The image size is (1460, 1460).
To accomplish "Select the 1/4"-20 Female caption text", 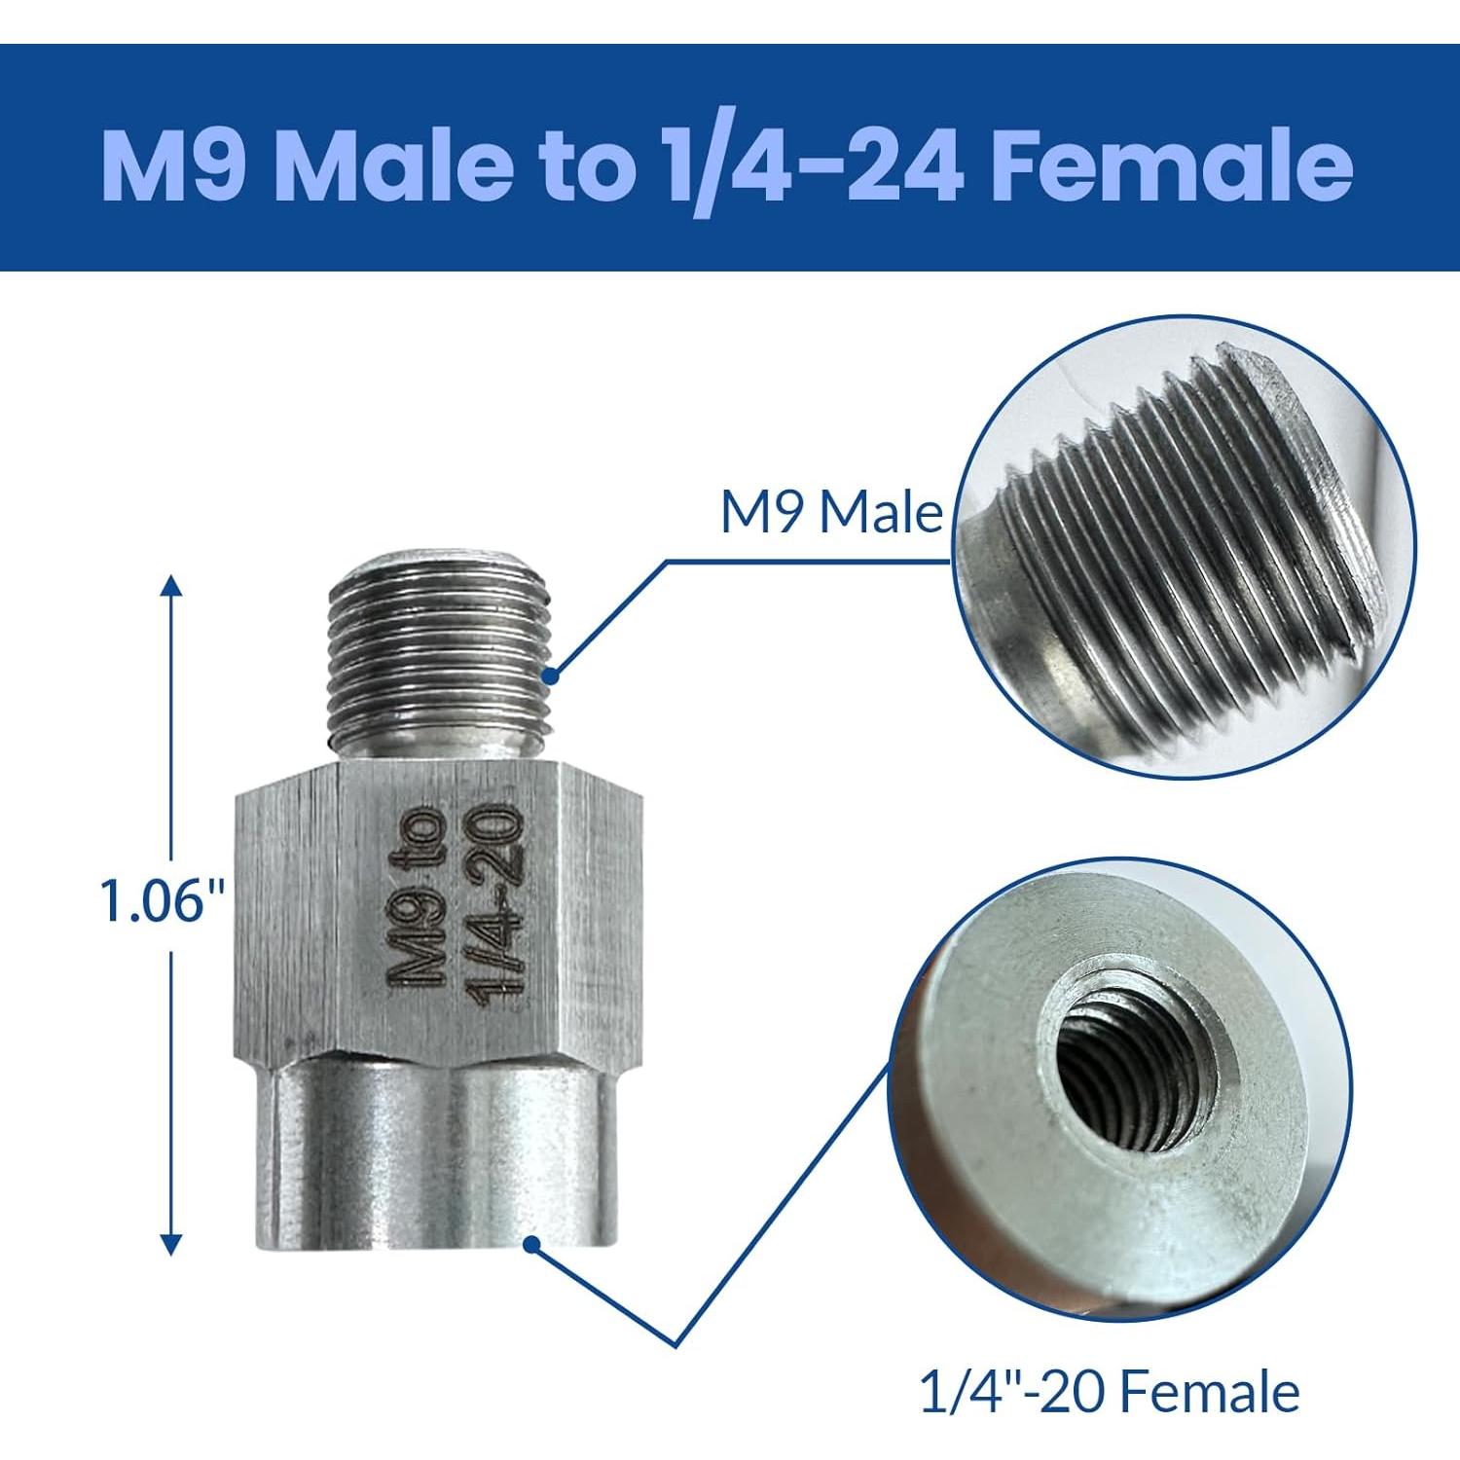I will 1109,1393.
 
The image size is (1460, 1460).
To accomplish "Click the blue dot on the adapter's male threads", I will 553,673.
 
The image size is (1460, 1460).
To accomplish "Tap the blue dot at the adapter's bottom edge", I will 531,1243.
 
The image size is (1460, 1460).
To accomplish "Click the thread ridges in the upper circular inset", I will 1168,545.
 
